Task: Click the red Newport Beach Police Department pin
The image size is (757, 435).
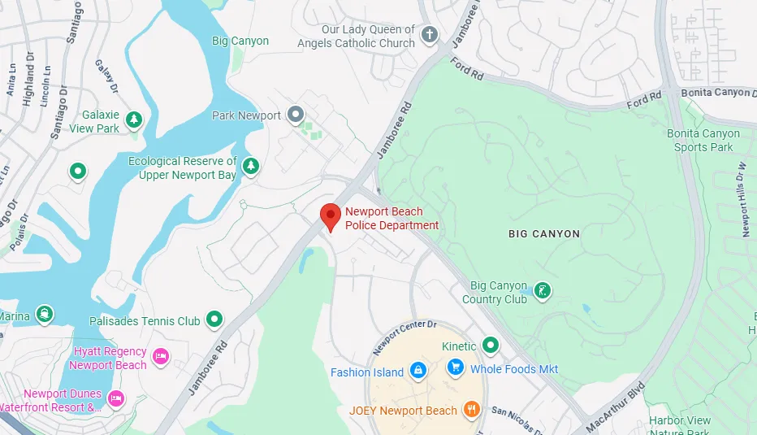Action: (x=329, y=216)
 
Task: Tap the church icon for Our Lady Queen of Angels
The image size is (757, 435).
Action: (x=430, y=35)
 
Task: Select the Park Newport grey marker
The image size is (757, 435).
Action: (x=296, y=115)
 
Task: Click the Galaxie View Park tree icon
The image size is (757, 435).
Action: (x=134, y=121)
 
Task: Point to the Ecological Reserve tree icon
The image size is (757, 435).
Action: (x=251, y=167)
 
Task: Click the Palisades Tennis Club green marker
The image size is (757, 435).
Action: (x=214, y=320)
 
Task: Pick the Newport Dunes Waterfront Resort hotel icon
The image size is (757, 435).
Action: (x=116, y=398)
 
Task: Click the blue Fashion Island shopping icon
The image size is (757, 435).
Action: (x=417, y=371)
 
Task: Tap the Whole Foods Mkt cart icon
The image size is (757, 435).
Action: (x=455, y=368)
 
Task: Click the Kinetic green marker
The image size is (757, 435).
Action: (x=490, y=346)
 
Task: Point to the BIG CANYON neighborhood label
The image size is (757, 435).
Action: (x=544, y=234)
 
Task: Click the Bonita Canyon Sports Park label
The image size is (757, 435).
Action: (x=703, y=140)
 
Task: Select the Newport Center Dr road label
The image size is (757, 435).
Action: (x=404, y=336)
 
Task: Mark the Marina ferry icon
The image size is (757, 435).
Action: (x=44, y=315)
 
